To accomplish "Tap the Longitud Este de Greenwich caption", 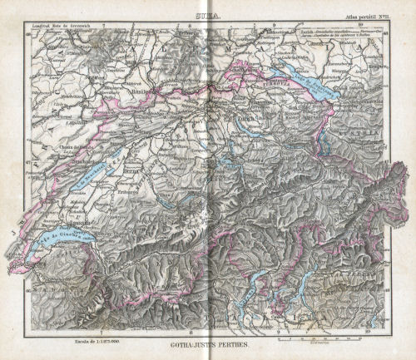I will click(60, 27).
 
